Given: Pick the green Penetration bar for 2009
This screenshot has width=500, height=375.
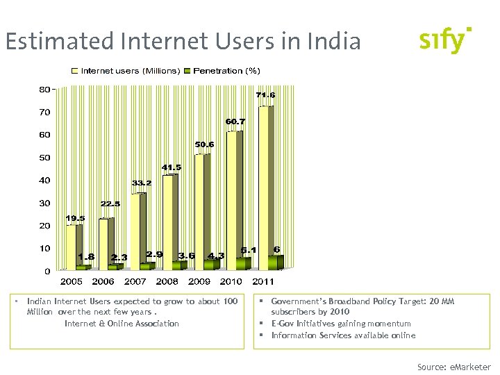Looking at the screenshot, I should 211,264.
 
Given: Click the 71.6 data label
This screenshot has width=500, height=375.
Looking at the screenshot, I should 265,94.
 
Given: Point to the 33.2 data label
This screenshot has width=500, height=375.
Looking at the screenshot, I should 142,183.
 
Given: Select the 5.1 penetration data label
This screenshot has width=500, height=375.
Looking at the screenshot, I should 249,249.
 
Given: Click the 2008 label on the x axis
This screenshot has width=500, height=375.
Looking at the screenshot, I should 167,282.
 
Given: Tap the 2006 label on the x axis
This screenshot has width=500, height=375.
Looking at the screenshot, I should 103,282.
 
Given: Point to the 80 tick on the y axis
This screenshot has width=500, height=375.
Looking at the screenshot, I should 44,90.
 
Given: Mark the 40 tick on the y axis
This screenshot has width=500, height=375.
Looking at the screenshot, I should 44,181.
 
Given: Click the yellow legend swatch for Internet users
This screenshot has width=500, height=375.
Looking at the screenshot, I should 76,71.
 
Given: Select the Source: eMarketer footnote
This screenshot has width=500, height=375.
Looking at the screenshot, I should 453,367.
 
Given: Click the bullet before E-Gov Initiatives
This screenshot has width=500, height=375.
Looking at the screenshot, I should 262,324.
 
